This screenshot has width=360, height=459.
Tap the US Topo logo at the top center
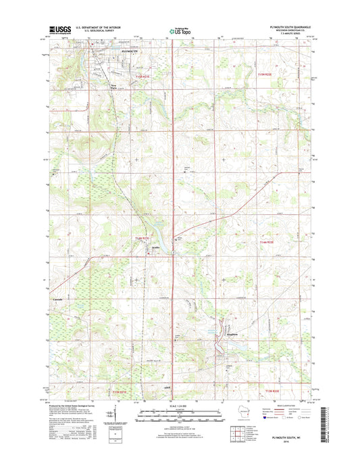click(178, 30)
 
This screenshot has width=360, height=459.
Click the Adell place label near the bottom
click(167, 387)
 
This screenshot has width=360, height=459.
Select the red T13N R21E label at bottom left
click(120, 391)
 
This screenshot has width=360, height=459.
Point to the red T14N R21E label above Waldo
click(140, 238)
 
